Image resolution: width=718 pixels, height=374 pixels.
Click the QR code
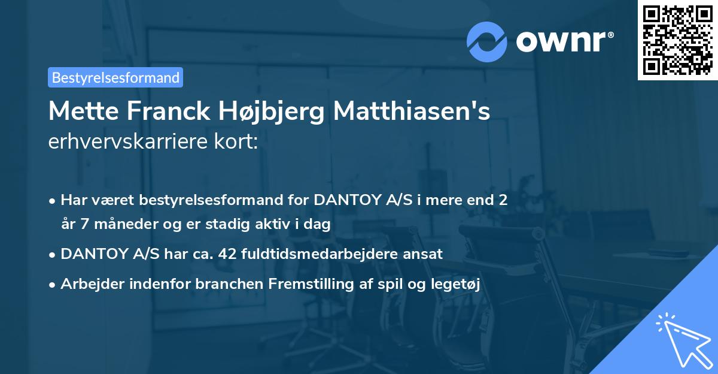pyautogui.click(x=677, y=40)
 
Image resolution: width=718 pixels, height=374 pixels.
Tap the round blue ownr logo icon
pyautogui.click(x=487, y=41)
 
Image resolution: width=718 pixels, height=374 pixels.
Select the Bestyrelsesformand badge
pyautogui.click(x=115, y=77)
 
